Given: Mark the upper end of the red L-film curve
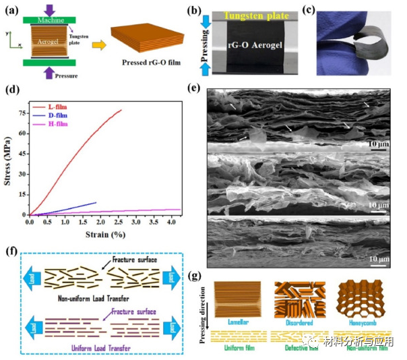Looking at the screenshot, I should (121, 110).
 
